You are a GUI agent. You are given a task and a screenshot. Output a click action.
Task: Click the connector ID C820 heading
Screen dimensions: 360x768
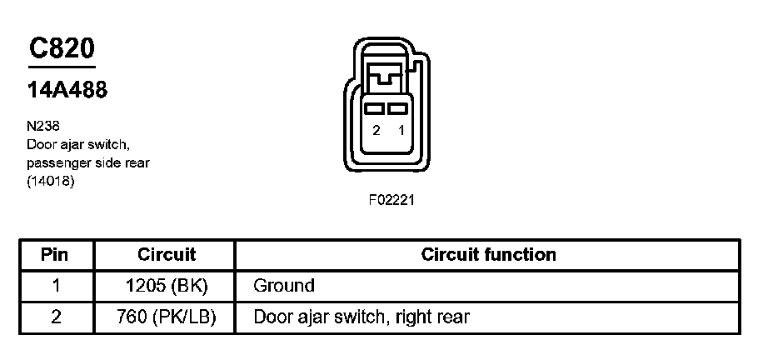click(x=62, y=49)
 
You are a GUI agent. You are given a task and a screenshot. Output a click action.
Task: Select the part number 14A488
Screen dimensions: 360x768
click(x=67, y=90)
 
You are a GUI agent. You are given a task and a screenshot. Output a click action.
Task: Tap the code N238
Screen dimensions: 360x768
click(x=42, y=127)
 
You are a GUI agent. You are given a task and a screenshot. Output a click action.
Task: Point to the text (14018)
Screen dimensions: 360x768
click(x=51, y=181)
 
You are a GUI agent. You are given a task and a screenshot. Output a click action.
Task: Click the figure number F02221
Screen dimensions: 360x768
click(x=391, y=201)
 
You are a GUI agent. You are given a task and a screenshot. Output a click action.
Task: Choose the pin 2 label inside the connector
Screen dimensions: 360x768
click(x=377, y=131)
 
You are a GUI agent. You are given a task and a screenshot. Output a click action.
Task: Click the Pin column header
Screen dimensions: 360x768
click(x=55, y=254)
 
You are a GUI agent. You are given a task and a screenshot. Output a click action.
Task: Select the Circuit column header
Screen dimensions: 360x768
click(x=166, y=254)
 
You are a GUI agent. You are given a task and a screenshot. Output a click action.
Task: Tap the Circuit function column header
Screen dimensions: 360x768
click(x=488, y=254)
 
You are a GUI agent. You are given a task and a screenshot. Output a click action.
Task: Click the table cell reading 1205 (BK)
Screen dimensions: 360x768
click(x=166, y=286)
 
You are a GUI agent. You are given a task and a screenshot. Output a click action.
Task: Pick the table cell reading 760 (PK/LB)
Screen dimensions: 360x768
click(x=166, y=317)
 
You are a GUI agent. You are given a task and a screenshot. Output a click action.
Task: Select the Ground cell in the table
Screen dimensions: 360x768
click(x=284, y=286)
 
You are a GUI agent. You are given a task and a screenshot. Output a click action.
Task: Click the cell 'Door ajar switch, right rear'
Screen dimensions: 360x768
click(x=361, y=317)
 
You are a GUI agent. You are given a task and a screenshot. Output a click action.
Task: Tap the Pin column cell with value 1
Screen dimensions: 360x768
click(x=55, y=286)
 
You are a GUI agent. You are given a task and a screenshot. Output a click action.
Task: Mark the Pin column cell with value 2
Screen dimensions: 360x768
click(x=55, y=317)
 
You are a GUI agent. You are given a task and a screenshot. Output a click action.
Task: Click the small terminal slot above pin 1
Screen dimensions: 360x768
click(x=399, y=109)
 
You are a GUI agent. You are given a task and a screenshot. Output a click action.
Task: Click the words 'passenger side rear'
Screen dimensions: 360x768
click(x=87, y=162)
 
